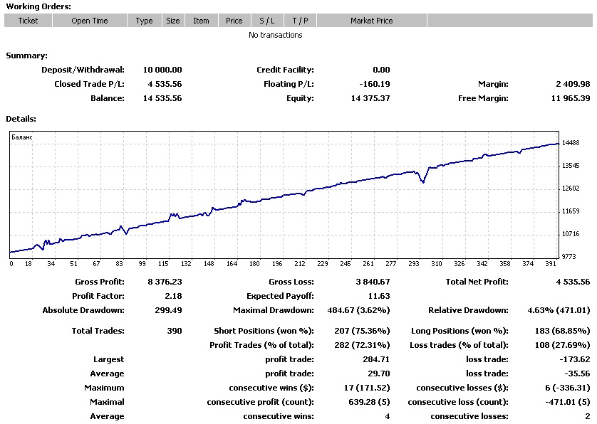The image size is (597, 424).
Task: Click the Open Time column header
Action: pyautogui.click(x=90, y=21)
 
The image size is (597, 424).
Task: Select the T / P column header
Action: pyautogui.click(x=300, y=21)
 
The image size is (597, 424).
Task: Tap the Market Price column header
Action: pyautogui.click(x=371, y=21)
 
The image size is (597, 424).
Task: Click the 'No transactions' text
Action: pyautogui.click(x=275, y=35)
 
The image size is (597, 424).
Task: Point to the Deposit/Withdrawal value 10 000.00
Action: pyautogui.click(x=162, y=70)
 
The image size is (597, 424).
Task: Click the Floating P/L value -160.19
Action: pyautogui.click(x=375, y=84)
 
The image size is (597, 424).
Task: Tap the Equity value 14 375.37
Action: pyautogui.click(x=370, y=98)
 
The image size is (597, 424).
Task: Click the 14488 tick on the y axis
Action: pyautogui.click(x=571, y=143)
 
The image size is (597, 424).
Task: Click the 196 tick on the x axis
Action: pyautogui.click(x=276, y=264)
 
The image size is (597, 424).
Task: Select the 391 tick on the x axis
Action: pyautogui.click(x=550, y=264)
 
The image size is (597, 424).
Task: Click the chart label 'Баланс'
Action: pyautogui.click(x=24, y=137)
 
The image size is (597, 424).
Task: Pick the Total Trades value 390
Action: pyautogui.click(x=173, y=331)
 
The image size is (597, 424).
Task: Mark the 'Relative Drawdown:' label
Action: pyautogui.click(x=468, y=310)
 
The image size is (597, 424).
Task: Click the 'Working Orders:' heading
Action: pyautogui.click(x=38, y=6)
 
